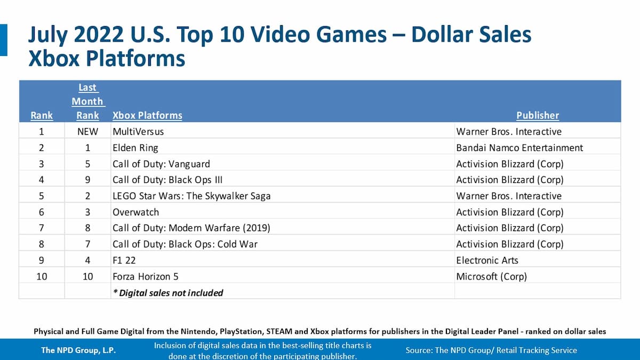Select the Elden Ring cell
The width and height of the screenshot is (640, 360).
pyautogui.click(x=135, y=148)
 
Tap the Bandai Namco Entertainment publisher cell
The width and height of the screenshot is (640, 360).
pyautogui.click(x=519, y=148)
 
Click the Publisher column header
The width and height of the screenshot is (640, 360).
pyautogui.click(x=538, y=115)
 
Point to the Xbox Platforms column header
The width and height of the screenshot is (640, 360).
pyautogui.click(x=147, y=115)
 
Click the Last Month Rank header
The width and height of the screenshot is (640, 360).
pyautogui.click(x=87, y=101)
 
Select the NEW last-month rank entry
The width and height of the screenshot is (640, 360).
pyautogui.click(x=87, y=131)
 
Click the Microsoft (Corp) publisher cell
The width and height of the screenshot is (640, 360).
pyautogui.click(x=491, y=276)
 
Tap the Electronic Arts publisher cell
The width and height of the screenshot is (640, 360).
pyautogui.click(x=487, y=260)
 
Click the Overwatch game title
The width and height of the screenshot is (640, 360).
pyautogui.click(x=135, y=212)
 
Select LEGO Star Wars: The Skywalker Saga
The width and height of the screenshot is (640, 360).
pyautogui.click(x=191, y=196)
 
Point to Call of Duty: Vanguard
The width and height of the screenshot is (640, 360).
pyautogui.click(x=161, y=164)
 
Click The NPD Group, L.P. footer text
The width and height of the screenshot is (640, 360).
pyautogui.click(x=78, y=350)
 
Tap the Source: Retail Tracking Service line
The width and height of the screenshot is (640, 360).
pyautogui.click(x=491, y=350)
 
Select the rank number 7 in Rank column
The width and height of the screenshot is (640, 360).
pyautogui.click(x=42, y=228)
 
